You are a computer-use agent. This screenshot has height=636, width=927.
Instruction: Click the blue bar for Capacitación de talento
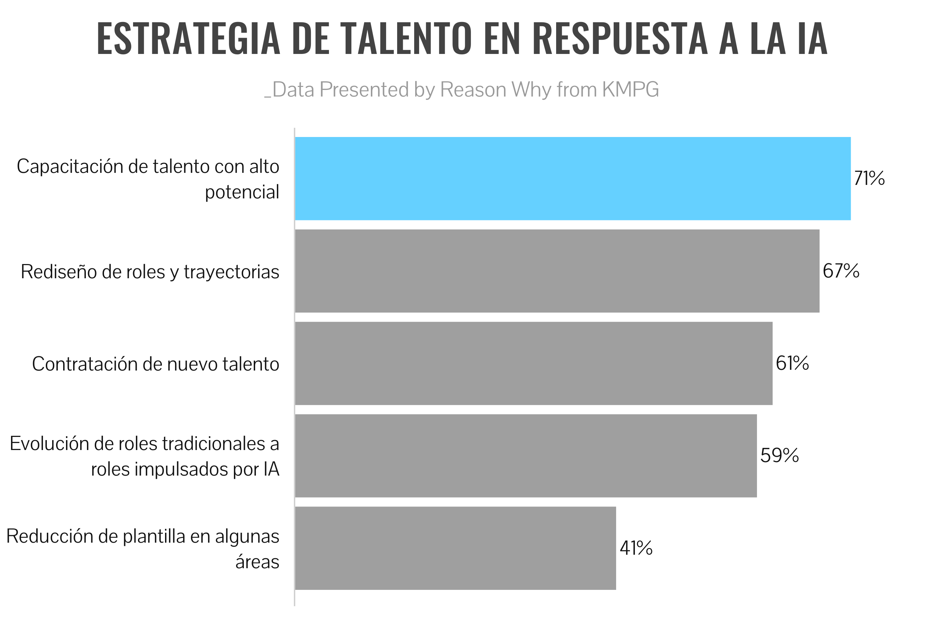coord(572,179)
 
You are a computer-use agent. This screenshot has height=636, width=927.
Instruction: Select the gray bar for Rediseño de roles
coord(557,271)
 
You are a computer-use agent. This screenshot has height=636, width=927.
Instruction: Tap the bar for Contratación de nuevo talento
coord(533,363)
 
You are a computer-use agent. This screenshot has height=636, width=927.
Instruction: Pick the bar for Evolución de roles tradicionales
coord(525,456)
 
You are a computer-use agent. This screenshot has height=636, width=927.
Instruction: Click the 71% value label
coord(869,179)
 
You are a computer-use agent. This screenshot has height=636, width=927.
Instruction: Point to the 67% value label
coord(841,271)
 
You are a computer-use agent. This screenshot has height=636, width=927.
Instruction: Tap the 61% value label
coord(792,363)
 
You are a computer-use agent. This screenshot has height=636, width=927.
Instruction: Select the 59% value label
coord(779,456)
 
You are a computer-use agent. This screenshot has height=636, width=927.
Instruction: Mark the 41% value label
coord(636,548)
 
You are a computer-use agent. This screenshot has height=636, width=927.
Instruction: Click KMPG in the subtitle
coord(630,89)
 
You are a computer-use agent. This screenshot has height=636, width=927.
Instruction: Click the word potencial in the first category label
coord(242,192)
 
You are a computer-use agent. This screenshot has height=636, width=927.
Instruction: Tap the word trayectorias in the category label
coord(231,272)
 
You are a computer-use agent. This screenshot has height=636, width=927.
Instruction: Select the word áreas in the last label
coord(257,562)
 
